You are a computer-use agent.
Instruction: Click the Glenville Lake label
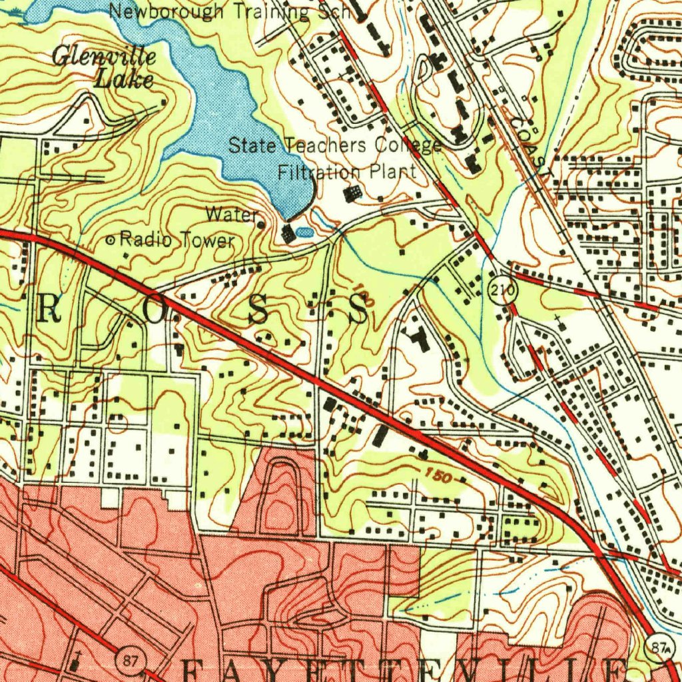[105, 68]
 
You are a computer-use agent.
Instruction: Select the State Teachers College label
[335, 145]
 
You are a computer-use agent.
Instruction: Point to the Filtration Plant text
[346, 172]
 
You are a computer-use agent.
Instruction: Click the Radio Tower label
[177, 240]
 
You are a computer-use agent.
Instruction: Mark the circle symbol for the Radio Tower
[111, 239]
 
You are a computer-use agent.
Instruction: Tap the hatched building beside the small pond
[288, 234]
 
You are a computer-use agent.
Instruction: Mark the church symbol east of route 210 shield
[561, 324]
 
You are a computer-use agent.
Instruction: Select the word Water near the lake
[230, 215]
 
